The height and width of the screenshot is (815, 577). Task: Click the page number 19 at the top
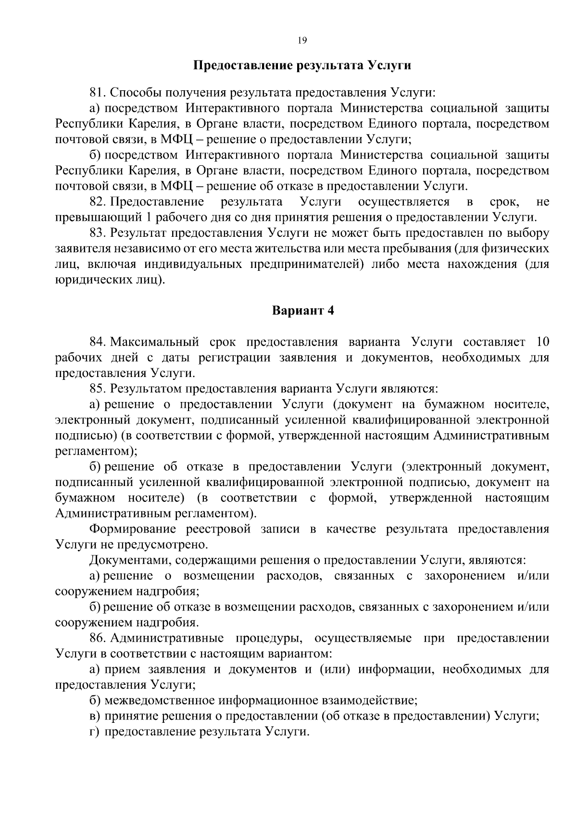[x=302, y=40]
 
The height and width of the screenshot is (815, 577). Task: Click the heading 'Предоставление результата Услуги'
[x=302, y=65]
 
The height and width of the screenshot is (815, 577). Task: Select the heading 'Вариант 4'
[x=303, y=311]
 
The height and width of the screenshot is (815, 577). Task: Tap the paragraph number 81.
[x=97, y=93]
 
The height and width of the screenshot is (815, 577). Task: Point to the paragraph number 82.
[x=97, y=202]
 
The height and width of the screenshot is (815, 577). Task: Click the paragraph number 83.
[x=97, y=233]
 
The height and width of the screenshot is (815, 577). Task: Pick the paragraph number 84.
[x=97, y=342]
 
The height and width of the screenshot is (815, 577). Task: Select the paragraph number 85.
[x=97, y=389]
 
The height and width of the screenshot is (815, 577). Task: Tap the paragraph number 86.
[x=97, y=638]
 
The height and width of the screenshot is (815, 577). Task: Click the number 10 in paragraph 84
[x=542, y=342]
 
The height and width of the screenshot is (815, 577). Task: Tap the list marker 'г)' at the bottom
[x=94, y=732]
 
